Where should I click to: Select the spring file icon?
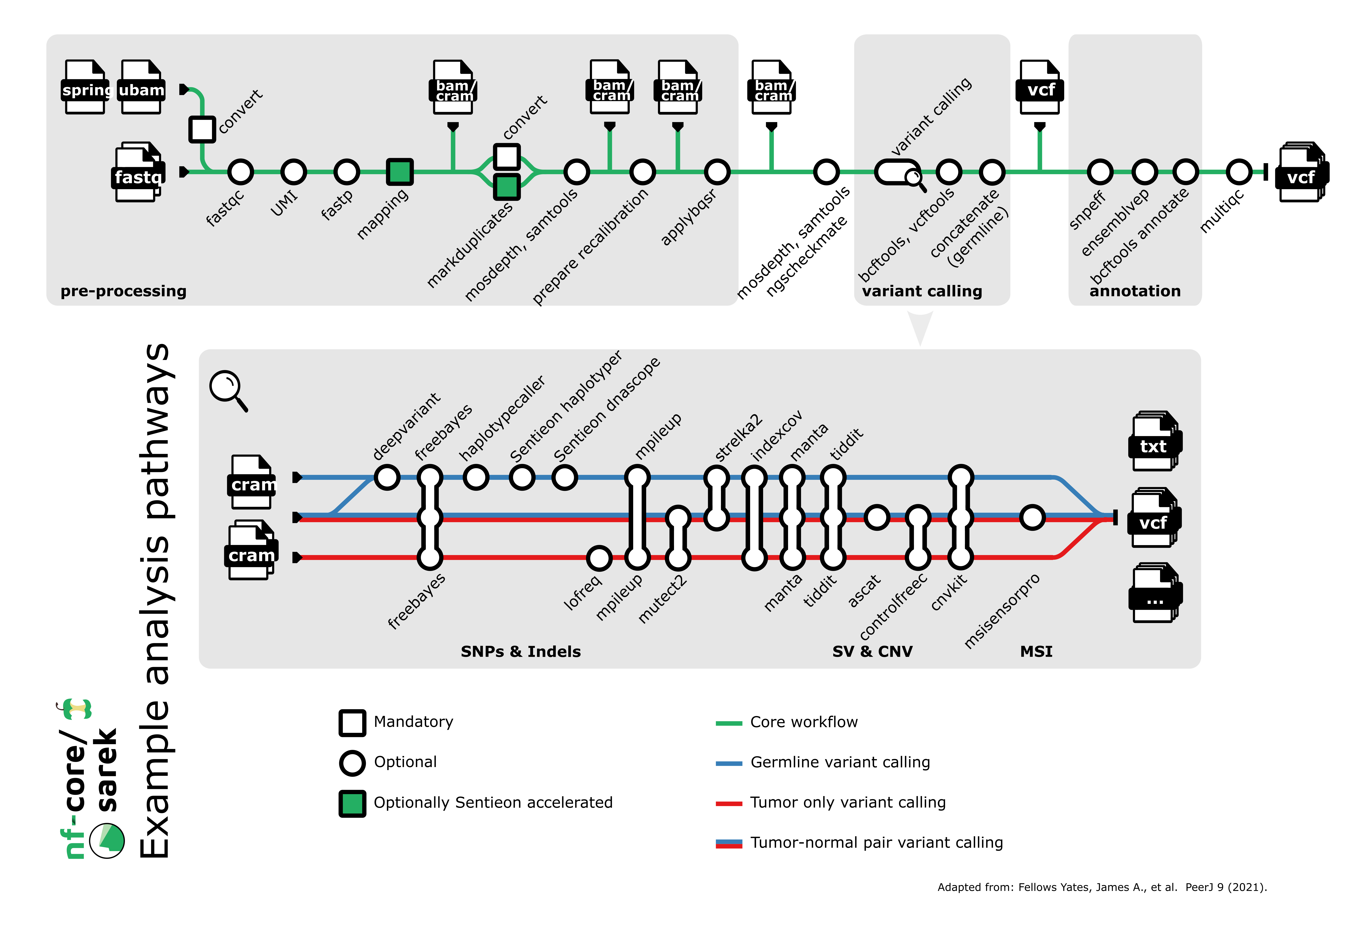pyautogui.click(x=85, y=87)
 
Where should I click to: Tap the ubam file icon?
pyautogui.click(x=141, y=87)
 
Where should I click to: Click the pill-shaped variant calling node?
pyautogui.click(x=897, y=172)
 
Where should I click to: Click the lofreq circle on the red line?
pyautogui.click(x=599, y=557)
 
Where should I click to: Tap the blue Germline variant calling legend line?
pyautogui.click(x=728, y=763)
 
